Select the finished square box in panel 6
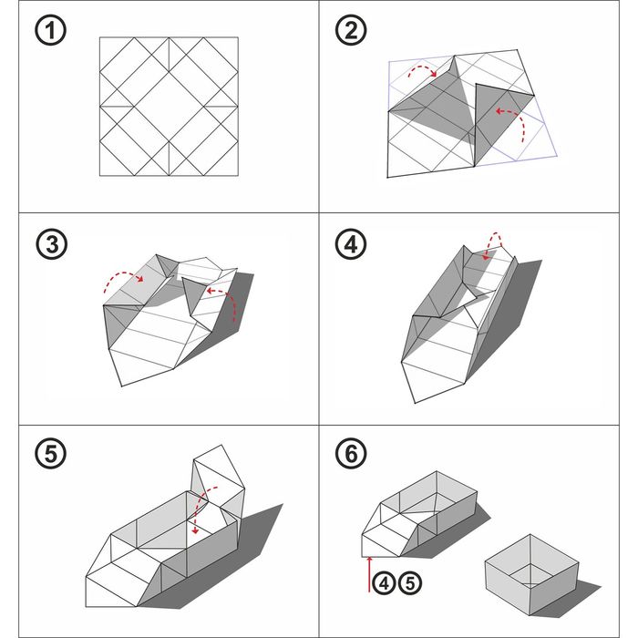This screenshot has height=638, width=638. (530, 573)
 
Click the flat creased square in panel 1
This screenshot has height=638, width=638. (170, 107)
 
